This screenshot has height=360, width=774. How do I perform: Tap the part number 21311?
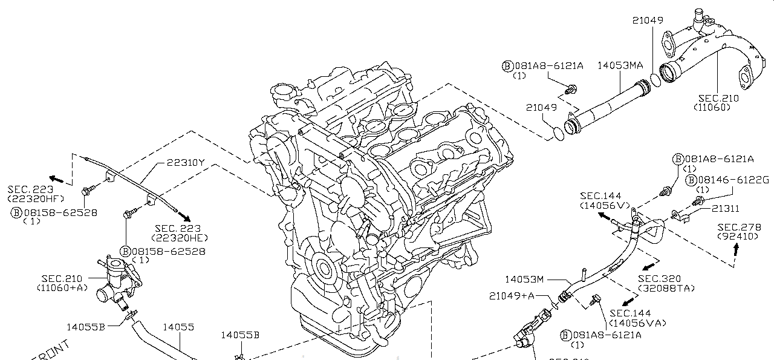pos(724,208)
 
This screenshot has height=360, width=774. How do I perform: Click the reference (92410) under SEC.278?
pos(737,236)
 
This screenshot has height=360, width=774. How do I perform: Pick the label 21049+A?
pos(512,295)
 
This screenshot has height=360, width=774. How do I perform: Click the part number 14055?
pos(178,327)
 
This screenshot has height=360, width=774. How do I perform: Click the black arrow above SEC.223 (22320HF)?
pos(57,179)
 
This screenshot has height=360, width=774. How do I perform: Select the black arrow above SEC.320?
pos(651,266)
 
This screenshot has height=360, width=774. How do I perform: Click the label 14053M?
pos(525,279)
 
